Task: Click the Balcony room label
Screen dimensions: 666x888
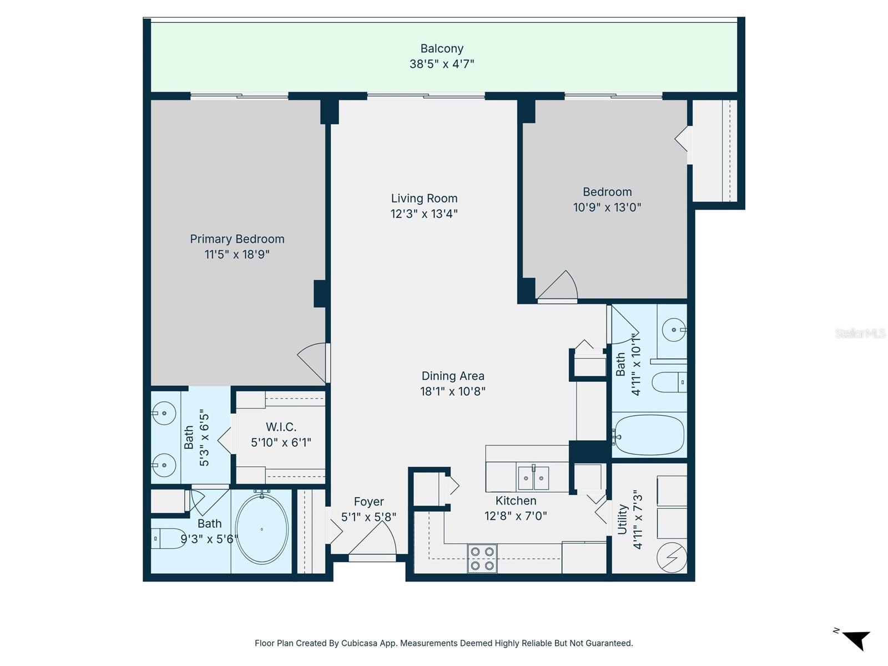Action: (442, 49)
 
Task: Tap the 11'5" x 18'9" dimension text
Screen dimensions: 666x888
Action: (237, 255)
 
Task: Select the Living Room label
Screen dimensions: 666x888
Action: (424, 199)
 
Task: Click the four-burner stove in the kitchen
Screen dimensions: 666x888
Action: (482, 558)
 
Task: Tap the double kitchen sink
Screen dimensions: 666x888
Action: (533, 478)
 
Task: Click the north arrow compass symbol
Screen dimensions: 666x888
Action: (855, 639)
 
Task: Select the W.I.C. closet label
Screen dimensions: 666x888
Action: (281, 427)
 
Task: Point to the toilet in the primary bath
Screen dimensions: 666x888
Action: (168, 538)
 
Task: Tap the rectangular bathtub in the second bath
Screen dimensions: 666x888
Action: (649, 436)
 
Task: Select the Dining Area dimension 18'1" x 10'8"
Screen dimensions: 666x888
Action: (453, 391)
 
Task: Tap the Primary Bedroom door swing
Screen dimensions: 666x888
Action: (314, 362)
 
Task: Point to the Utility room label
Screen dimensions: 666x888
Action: (623, 519)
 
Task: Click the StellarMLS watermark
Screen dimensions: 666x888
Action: (860, 333)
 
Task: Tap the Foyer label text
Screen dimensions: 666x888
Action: (369, 502)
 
